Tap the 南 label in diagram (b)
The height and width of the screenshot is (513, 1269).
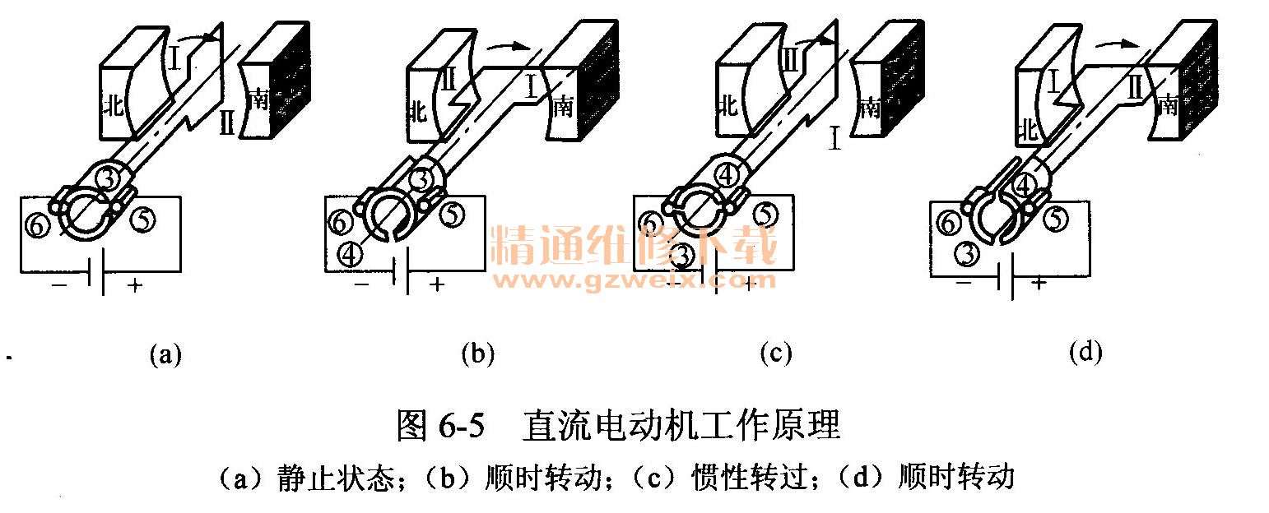563,106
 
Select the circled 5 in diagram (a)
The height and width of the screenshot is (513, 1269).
142,220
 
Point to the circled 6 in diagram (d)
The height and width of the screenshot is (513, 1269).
948,223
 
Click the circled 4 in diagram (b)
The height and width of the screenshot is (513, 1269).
350,254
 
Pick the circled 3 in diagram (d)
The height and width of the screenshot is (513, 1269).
967,254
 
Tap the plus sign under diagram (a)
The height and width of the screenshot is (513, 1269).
134,284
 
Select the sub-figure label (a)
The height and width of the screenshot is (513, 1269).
165,354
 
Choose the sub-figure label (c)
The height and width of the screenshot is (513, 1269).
775,354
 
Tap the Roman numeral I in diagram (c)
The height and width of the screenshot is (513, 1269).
834,137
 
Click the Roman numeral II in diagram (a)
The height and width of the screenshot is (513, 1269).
226,122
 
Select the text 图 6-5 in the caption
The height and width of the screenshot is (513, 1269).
441,425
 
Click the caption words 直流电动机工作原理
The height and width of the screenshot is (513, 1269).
681,425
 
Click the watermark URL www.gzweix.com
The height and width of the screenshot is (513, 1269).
634,280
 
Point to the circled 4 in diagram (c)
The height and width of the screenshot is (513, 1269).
727,176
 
